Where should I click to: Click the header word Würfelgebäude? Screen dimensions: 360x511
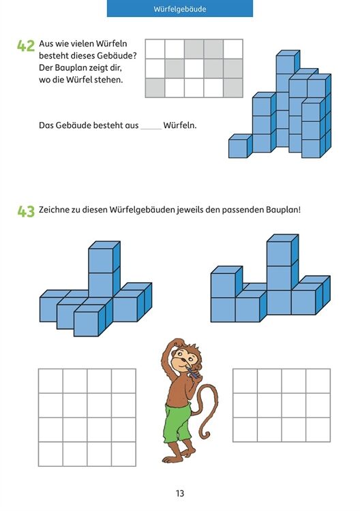180,9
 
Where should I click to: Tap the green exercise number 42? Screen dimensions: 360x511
26,46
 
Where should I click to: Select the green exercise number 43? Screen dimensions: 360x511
26,211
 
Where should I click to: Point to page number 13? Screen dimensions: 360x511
180,493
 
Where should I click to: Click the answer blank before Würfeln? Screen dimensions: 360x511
151,129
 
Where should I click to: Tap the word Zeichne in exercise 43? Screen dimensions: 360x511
52,210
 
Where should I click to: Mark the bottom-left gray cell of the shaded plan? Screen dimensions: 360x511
155,88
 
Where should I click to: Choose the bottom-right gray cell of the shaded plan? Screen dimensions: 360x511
232,88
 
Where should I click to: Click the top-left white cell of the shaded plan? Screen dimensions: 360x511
155,49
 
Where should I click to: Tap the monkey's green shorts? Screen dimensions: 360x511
177,421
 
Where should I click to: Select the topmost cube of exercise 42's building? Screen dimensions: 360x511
288,62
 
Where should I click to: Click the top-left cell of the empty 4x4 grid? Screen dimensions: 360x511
50,381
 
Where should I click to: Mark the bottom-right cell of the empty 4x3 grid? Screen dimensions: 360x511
318,429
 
